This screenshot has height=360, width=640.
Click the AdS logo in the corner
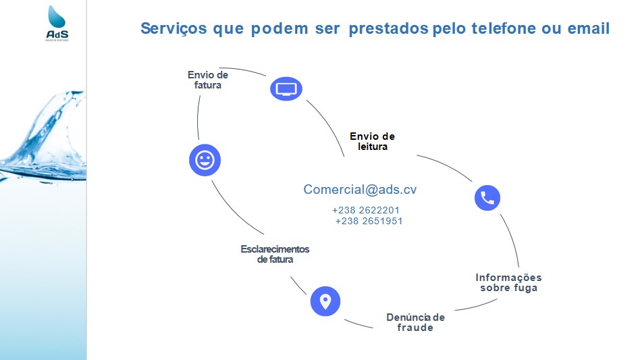point(58,24)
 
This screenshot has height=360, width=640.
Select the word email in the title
point(585,29)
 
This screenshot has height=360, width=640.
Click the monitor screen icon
point(286,88)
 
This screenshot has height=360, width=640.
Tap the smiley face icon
point(205,160)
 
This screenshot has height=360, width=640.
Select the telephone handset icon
point(487,197)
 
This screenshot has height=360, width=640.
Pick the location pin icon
point(325,301)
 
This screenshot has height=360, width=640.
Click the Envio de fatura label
point(208,80)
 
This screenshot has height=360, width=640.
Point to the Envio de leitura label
point(372,141)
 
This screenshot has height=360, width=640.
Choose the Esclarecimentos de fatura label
point(275,254)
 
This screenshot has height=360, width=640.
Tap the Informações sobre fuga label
point(508,282)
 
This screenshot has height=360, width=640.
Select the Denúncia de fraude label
point(415,322)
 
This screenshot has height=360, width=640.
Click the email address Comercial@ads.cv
point(360,190)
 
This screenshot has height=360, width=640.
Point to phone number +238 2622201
point(366,210)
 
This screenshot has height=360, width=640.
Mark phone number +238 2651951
point(369,221)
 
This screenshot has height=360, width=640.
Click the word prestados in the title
point(388,29)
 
